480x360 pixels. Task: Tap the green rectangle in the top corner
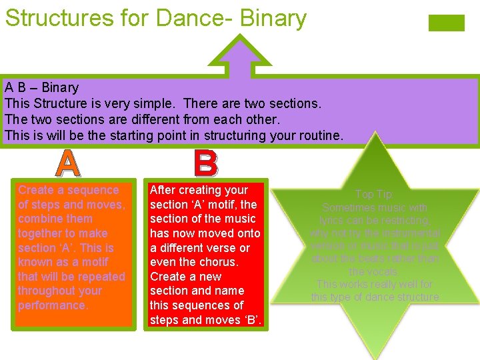coord(446,23)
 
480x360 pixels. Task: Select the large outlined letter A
coord(68,163)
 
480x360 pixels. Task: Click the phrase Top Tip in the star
coord(374,195)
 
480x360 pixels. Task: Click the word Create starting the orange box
coord(36,190)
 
